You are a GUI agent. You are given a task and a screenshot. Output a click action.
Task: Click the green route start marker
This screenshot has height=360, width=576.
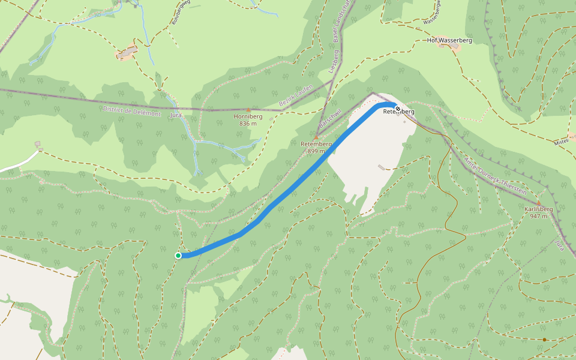[178, 256]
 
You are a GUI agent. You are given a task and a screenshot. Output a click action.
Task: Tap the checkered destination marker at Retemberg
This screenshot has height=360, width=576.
[397, 109]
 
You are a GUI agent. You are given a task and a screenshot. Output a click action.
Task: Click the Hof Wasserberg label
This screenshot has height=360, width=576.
[449, 40]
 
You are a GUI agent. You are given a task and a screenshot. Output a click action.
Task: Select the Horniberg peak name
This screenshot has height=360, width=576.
[248, 116]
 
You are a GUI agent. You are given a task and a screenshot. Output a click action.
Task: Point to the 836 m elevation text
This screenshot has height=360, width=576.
[248, 124]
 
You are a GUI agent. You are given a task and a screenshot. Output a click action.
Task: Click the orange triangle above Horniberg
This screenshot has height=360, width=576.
[248, 110]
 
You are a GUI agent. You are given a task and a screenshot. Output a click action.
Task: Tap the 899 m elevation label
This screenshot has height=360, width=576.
[316, 151]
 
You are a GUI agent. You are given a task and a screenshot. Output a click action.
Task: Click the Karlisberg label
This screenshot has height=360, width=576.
[538, 209]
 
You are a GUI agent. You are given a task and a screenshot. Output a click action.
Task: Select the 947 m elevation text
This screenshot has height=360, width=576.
[538, 216]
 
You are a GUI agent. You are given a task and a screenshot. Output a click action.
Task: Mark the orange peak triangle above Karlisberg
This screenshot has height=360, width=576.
[538, 202]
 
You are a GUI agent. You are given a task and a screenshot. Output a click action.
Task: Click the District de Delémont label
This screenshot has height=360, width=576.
[132, 111]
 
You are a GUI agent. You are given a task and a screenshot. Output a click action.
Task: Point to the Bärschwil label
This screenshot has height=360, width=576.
[330, 117]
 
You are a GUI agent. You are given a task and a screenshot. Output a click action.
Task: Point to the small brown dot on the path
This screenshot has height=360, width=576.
[544, 340]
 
